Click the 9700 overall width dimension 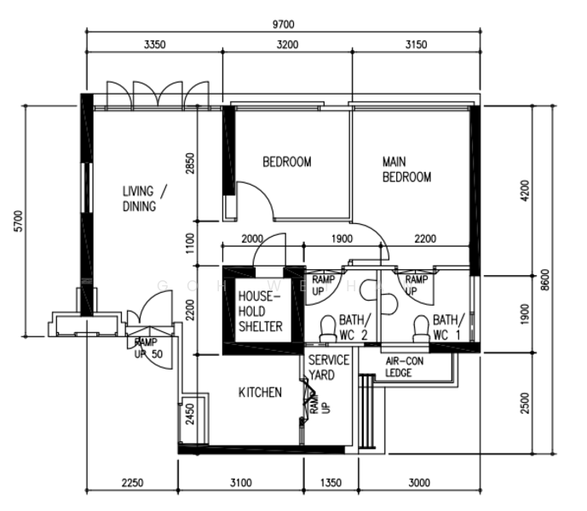tap(284, 25)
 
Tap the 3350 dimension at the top tap(154, 44)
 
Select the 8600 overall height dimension tap(545, 279)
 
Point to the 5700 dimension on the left tap(19, 221)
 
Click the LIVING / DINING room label tap(145, 198)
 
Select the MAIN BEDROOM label tap(406, 169)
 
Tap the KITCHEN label tap(260, 393)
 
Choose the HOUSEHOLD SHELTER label tap(261, 312)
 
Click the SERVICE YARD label tap(328, 367)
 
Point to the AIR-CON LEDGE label tap(405, 367)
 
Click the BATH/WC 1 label tap(448, 328)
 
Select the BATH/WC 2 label tap(355, 328)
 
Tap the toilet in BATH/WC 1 tap(421, 329)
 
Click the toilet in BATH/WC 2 tap(328, 329)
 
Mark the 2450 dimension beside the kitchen tap(191, 414)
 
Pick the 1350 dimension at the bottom tap(331, 483)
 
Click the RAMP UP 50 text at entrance tap(148, 348)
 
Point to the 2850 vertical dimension tap(191, 164)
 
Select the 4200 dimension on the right tap(525, 191)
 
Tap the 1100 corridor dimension tap(191, 244)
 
